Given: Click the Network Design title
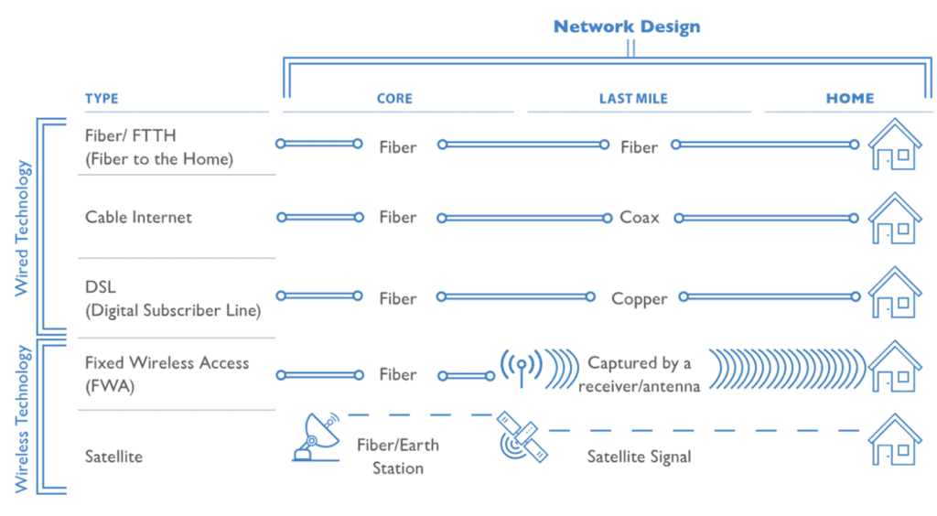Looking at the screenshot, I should (x=627, y=27).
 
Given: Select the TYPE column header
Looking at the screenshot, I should (x=102, y=99).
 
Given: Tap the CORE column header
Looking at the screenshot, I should (x=395, y=99).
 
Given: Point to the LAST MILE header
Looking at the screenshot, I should (x=634, y=99).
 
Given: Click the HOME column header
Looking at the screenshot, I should (x=850, y=99).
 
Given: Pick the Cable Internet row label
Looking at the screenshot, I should (x=139, y=218).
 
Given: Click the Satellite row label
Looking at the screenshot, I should (x=113, y=456).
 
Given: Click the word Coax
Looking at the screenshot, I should (x=640, y=218).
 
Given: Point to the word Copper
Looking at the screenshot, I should (x=639, y=299).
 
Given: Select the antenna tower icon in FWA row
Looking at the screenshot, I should (x=522, y=368).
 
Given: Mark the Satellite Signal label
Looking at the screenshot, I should (x=639, y=456).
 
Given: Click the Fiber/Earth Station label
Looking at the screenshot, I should (x=397, y=457).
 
